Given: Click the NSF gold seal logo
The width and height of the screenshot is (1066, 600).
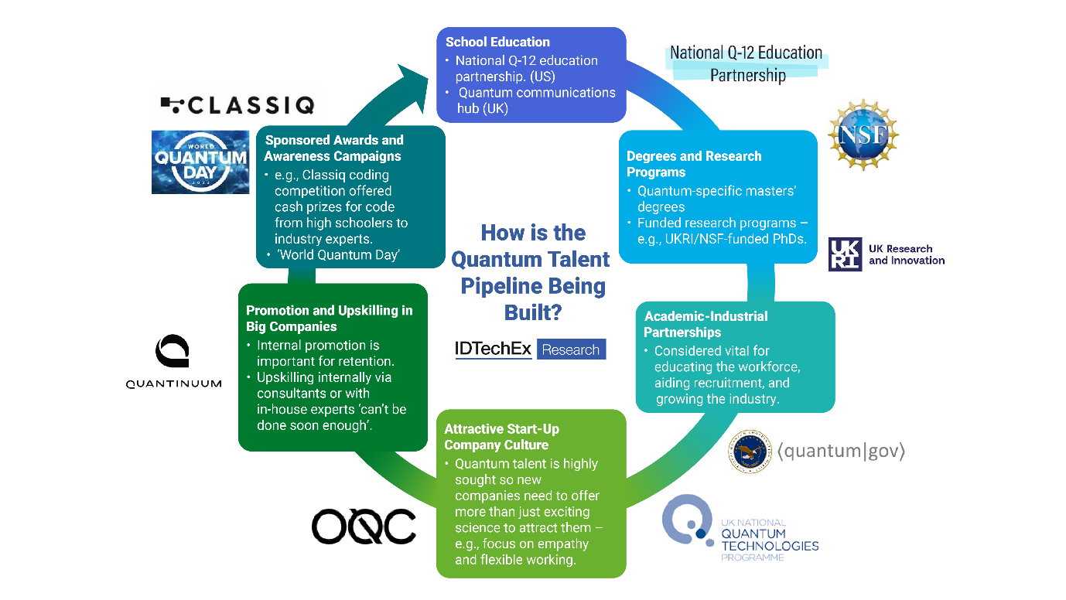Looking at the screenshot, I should tap(863, 136).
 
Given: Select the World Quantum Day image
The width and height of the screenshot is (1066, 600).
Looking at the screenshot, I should tap(200, 162).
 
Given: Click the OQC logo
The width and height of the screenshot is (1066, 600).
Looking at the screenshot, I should tap(364, 527).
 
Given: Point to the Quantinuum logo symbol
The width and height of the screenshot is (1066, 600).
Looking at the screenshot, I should tap(173, 352).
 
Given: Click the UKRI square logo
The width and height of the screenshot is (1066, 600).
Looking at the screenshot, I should tap(845, 254).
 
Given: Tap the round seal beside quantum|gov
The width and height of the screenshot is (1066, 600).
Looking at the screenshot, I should tap(750, 452).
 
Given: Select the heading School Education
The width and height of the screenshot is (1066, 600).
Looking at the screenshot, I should tap(497, 42).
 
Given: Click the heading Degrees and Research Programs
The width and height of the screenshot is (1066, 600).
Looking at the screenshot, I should tap(693, 164).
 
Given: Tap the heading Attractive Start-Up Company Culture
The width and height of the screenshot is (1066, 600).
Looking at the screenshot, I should tap(501, 437).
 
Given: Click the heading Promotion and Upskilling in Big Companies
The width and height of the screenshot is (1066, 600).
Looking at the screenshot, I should tap(329, 319).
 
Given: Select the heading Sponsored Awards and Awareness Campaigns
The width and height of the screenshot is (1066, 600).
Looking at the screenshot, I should tap(333, 148).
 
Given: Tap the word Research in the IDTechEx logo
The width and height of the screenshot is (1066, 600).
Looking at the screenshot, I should tap(571, 349).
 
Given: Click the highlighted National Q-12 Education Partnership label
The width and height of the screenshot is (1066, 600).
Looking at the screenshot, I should tap(747, 64).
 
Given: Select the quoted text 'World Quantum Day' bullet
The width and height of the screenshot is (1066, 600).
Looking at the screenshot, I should tap(338, 255).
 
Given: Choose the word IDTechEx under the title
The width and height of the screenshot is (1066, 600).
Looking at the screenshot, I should tap(494, 349).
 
